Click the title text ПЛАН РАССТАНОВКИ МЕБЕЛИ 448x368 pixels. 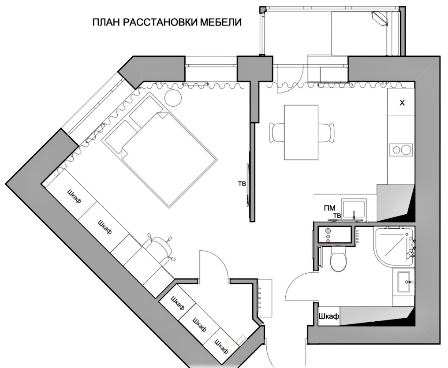[x=167, y=22]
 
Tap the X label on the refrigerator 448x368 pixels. [x=402, y=103]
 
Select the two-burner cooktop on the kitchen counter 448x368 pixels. [x=400, y=149]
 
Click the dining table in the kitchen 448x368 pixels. [x=301, y=132]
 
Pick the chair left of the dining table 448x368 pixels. [x=276, y=132]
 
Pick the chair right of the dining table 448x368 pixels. [x=326, y=132]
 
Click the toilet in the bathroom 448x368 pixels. [x=338, y=258]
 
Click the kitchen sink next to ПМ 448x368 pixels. [x=354, y=210]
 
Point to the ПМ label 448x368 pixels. [x=330, y=208]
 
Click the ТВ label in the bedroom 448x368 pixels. [x=242, y=184]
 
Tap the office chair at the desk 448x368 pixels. [x=159, y=248]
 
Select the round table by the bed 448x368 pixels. [x=173, y=98]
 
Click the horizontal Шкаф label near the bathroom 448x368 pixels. [x=329, y=316]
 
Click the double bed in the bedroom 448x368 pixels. [x=160, y=150]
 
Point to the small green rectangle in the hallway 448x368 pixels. [x=242, y=340]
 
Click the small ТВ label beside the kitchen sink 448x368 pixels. [x=337, y=216]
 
